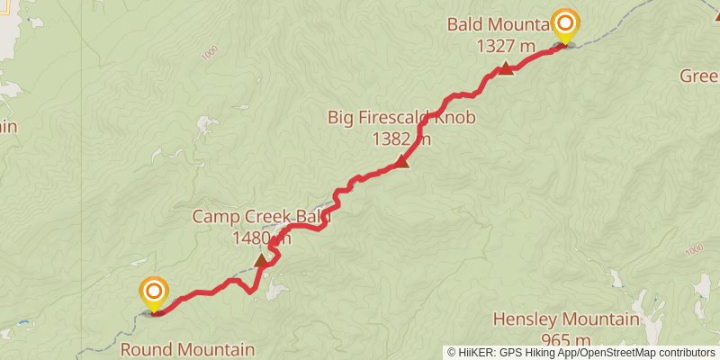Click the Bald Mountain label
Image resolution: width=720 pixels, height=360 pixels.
point(499,22)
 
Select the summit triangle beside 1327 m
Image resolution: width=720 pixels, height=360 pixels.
point(507,67)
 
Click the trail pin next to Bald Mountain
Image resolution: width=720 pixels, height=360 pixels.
point(565,25)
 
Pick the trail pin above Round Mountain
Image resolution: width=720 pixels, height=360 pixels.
point(155,293)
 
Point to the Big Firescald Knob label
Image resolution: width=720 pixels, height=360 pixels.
point(400,118)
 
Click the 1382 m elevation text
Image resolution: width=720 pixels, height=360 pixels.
point(400,139)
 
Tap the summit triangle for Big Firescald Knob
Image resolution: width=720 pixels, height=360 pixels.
point(403,162)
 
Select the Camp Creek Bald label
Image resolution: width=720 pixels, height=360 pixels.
point(261,217)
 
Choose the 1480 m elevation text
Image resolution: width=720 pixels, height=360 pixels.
point(261,238)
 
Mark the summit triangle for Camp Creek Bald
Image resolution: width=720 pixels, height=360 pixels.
point(261,260)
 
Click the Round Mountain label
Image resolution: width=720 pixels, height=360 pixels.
point(187,349)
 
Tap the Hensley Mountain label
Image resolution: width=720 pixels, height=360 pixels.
point(566,319)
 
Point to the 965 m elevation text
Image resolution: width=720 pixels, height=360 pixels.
point(566,340)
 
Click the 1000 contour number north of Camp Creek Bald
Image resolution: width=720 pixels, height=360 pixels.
point(210,54)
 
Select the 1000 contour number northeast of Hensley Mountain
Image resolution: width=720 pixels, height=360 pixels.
point(694,248)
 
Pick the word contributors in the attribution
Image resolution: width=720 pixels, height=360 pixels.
point(685,353)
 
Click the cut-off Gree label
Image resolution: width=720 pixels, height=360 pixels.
point(699,76)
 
